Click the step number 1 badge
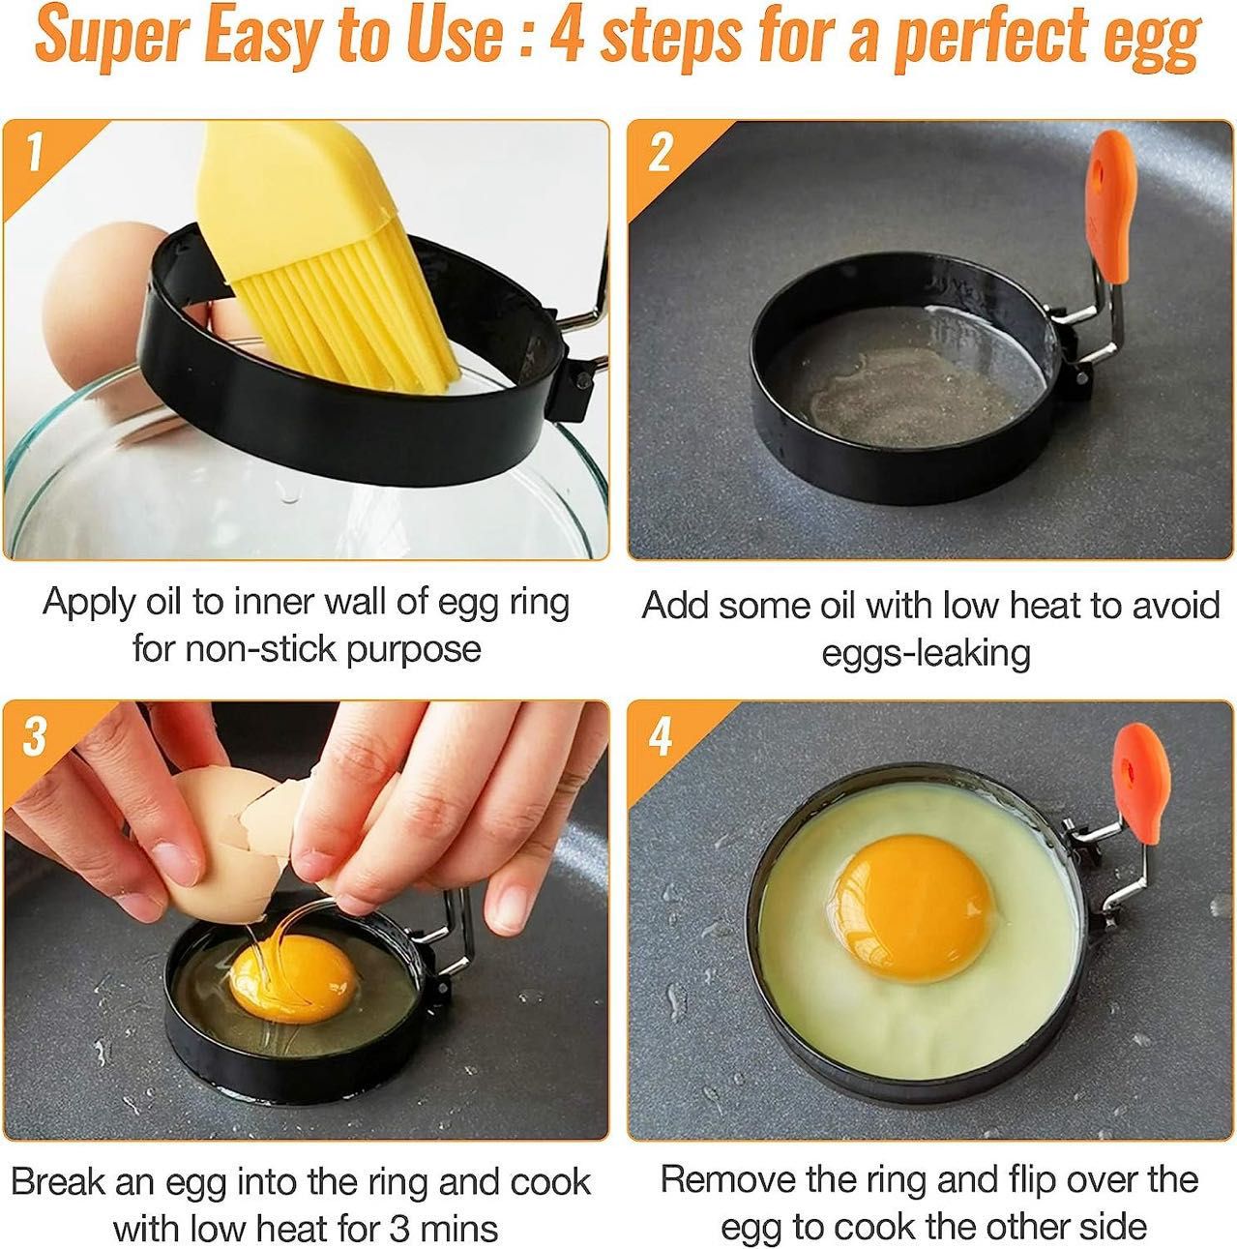pos(35,152)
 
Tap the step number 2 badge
pos(660,153)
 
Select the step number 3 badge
pos(35,736)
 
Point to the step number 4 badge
pos(660,737)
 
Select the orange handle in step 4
pos(1144,784)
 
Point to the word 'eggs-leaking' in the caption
pos(926,653)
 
